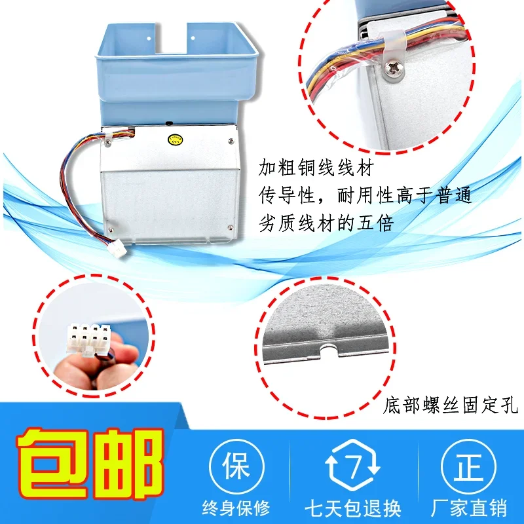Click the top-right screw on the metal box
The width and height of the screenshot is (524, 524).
230,140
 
